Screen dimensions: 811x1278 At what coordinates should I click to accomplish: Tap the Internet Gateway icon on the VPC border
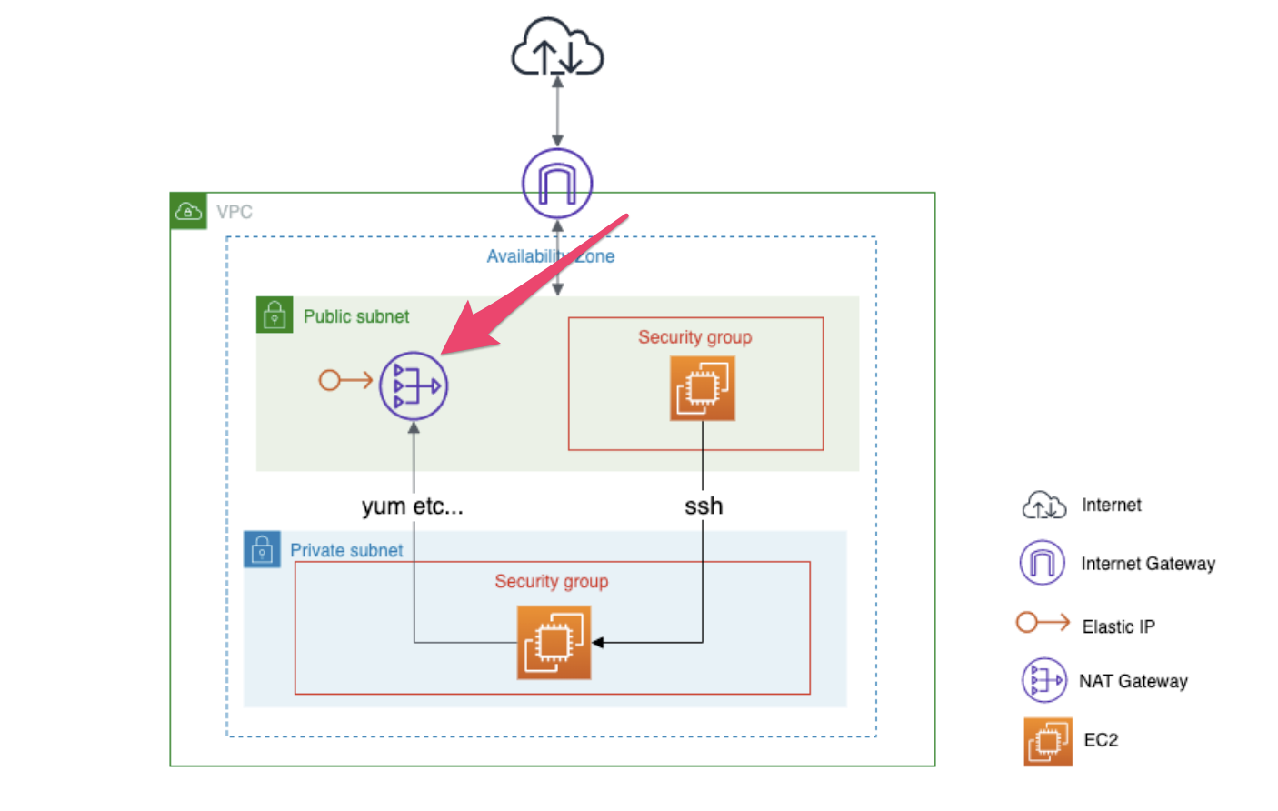[557, 183]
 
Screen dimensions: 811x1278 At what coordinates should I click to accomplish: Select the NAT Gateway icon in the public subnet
[414, 385]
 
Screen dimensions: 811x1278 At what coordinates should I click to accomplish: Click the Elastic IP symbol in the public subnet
[345, 380]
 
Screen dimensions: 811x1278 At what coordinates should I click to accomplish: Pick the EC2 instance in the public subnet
[702, 388]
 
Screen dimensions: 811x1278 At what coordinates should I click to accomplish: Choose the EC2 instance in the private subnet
[554, 643]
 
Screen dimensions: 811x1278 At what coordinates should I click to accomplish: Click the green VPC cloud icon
[188, 212]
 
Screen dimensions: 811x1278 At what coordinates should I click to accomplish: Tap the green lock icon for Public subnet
[275, 315]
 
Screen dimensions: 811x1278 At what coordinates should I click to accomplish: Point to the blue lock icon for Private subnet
[262, 550]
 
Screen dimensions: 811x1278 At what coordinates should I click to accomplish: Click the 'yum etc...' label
[413, 506]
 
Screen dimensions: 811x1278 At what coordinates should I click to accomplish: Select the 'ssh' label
[704, 506]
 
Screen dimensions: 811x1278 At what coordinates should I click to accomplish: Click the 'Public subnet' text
[356, 316]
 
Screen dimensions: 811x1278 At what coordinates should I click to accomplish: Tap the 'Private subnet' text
[346, 550]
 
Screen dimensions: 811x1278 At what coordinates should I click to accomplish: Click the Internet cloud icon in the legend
[1044, 505]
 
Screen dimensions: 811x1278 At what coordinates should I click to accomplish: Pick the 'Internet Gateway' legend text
[1147, 564]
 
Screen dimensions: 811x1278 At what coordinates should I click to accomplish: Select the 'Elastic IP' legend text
[1118, 626]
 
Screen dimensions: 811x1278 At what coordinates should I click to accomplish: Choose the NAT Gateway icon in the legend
[1043, 680]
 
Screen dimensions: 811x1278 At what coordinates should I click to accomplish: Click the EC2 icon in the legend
[1047, 741]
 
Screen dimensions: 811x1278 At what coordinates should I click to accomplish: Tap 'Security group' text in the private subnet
[552, 582]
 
